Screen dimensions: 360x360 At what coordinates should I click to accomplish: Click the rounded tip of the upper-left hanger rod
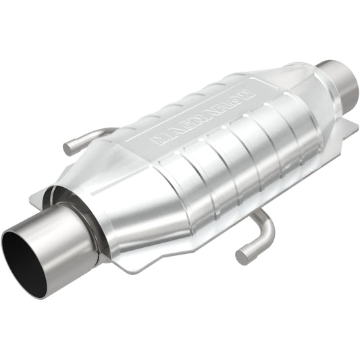point(68,147)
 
